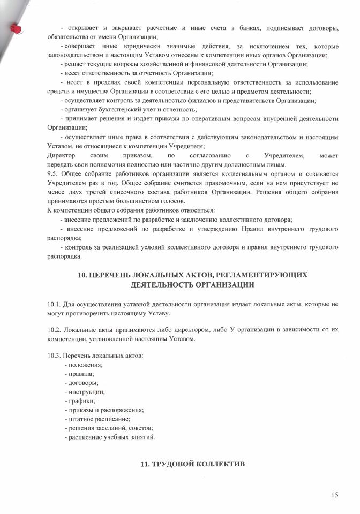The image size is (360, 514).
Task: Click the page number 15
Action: click(335, 495)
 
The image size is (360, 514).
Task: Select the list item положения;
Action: click(85, 365)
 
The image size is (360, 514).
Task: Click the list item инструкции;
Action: click(86, 392)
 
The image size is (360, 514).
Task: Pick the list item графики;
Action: click(81, 400)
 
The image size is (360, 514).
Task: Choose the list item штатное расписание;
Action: click(99, 419)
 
